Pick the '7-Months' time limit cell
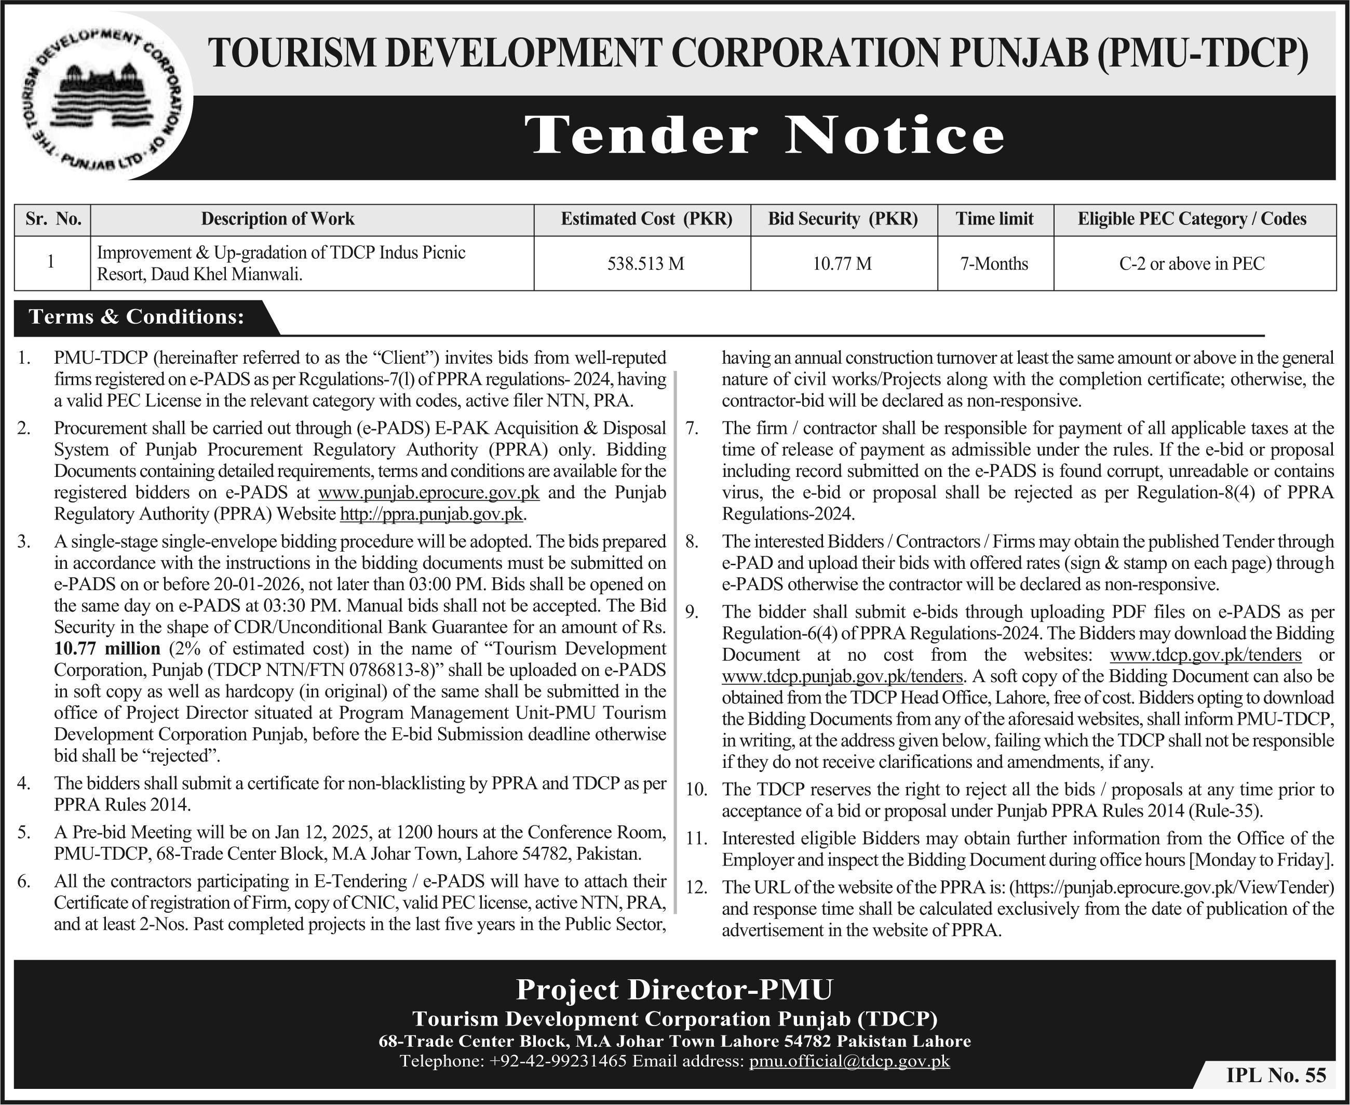[x=994, y=263]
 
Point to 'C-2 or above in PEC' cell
[x=1192, y=263]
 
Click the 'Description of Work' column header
[x=277, y=219]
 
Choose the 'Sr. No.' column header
[x=53, y=219]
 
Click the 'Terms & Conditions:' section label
[x=137, y=316]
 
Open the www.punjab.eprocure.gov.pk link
[x=429, y=492]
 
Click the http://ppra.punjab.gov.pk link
[x=432, y=514]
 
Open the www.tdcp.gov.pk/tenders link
[x=1205, y=655]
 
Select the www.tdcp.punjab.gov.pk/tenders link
[x=842, y=675]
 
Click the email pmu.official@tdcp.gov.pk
[x=849, y=1060]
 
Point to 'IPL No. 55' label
[x=1276, y=1074]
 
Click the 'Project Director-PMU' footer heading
[x=674, y=989]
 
